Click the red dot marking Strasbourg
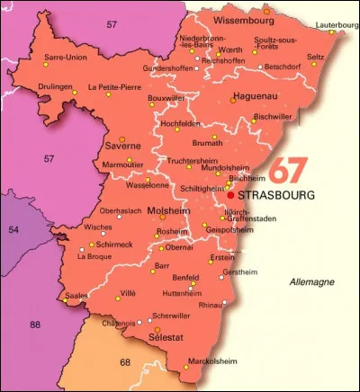pos(231,193)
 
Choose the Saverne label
pos(123,145)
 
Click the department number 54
pos(12,230)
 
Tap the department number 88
pos(35,325)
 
